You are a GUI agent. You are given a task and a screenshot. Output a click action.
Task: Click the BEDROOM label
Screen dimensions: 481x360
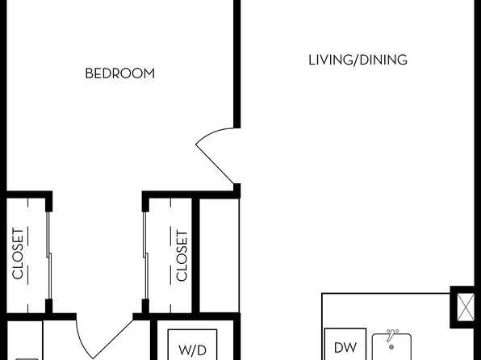tap(120, 73)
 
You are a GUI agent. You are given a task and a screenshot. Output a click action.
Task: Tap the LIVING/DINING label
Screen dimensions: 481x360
tap(358, 60)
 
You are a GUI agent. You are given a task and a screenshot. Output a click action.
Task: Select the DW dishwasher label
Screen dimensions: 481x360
tap(345, 348)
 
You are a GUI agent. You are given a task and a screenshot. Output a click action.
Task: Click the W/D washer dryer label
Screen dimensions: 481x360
tap(192, 350)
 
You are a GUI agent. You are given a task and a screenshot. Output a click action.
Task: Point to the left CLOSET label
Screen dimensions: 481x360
tap(18, 253)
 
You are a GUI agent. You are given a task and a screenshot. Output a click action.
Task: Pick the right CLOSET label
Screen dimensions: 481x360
tap(182, 256)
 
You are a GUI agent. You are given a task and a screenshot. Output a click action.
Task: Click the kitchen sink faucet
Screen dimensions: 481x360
tap(391, 335)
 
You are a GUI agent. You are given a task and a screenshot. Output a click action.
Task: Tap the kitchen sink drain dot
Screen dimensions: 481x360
tap(391, 347)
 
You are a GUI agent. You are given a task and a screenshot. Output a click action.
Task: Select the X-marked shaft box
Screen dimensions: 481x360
tap(466, 308)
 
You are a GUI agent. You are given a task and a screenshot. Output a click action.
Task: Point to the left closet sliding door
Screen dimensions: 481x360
tap(48, 255)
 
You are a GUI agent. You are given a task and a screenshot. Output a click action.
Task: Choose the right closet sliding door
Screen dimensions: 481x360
tap(145, 255)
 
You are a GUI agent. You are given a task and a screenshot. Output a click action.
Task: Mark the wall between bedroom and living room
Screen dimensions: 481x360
tap(236, 64)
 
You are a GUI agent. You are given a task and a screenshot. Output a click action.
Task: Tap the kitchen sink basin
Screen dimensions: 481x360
tap(391, 347)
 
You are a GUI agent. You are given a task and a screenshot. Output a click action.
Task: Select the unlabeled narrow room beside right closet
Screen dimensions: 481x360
tap(219, 255)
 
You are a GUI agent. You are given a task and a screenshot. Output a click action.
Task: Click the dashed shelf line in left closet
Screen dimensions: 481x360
tap(28, 255)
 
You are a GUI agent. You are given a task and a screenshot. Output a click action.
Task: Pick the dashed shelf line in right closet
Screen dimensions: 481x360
tap(171, 255)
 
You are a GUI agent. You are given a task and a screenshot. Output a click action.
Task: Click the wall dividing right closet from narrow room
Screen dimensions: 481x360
tap(196, 255)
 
